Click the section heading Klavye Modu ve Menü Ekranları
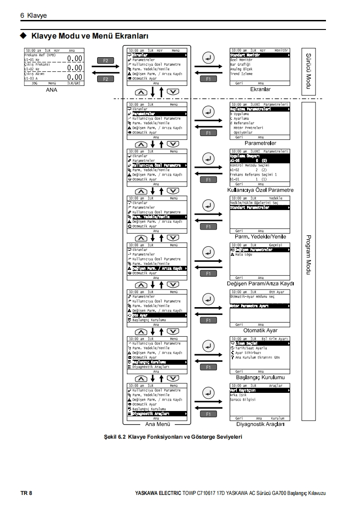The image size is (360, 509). coord(91,35)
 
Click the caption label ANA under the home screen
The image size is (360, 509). coord(51,90)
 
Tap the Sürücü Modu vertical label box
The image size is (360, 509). coord(308,71)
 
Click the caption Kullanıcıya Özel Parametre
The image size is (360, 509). coord(260,190)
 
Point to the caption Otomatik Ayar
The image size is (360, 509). coord(260,330)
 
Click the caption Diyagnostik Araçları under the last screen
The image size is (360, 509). coord(260,424)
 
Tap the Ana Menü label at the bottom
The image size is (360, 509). coord(157,424)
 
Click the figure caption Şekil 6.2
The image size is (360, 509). coord(173,437)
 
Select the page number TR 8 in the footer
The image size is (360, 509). coord(26,493)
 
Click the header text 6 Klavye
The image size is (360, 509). coord(34,15)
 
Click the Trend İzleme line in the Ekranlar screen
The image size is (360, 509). coord(242,73)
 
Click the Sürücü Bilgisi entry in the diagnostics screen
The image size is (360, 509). coord(243,400)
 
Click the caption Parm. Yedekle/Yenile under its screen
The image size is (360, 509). coord(260,237)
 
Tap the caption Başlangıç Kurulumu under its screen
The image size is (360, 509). coord(260,377)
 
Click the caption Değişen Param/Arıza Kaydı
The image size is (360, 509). coord(260,284)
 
